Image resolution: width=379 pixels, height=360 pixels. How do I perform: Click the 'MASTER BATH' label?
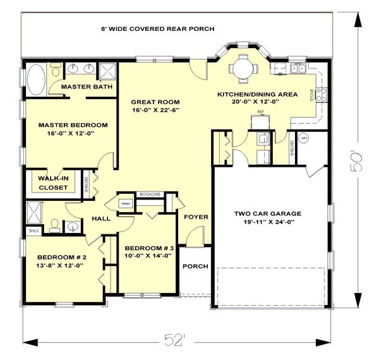click(x=86, y=87)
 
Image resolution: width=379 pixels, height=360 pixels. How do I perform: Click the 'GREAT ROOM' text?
click(x=155, y=102)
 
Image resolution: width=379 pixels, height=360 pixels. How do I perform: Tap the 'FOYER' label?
click(x=196, y=217)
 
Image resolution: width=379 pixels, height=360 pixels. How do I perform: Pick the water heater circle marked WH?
click(x=303, y=138)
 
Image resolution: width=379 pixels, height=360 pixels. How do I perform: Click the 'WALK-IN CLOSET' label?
click(x=53, y=182)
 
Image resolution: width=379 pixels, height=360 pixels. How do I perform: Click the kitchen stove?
click(x=320, y=95)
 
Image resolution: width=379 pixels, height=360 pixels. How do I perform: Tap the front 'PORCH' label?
click(x=195, y=266)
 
